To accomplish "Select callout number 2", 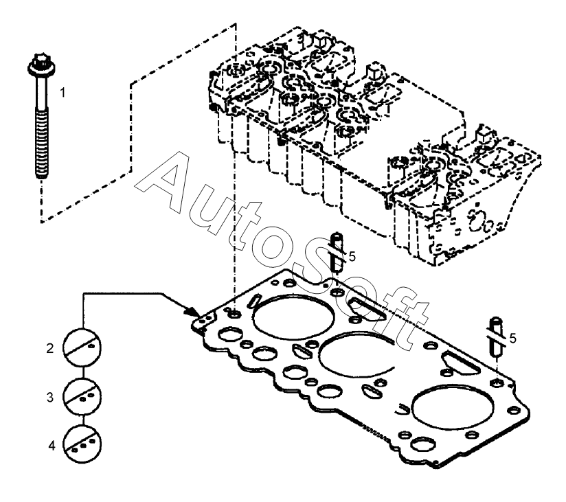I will click(49, 349).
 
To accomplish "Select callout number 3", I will click(49, 398).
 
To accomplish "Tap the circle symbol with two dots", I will click(82, 394).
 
